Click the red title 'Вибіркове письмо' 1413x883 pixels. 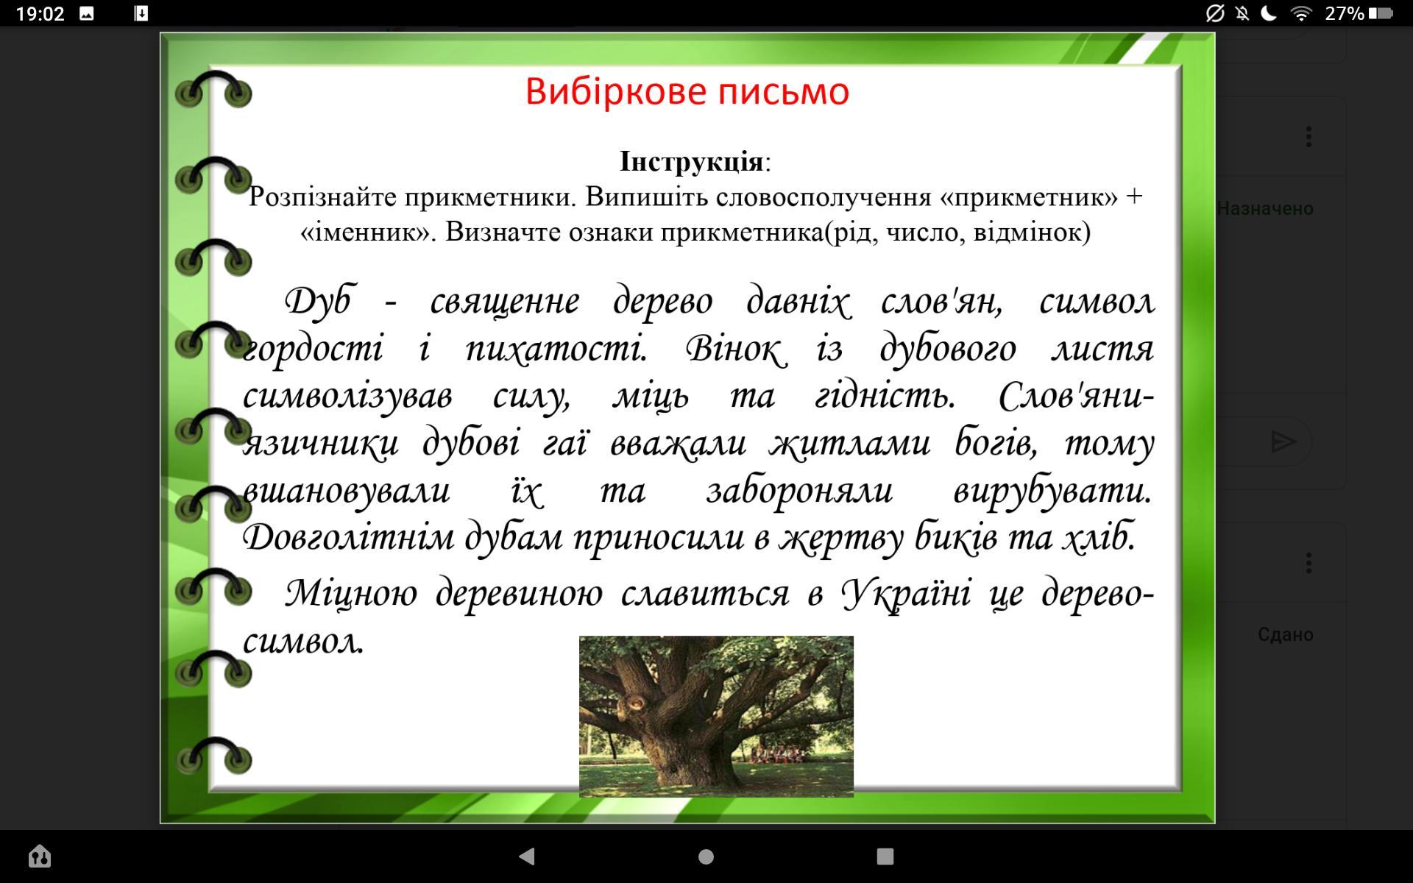pyautogui.click(x=687, y=92)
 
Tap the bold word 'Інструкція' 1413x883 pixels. pyautogui.click(x=691, y=161)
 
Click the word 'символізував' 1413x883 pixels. pyautogui.click(x=347, y=397)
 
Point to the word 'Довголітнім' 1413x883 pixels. pyautogui.click(x=349, y=537)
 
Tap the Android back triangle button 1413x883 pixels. pyautogui.click(x=526, y=856)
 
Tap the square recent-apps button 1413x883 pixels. pyautogui.click(x=885, y=856)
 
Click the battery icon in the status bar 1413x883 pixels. pyautogui.click(x=1381, y=13)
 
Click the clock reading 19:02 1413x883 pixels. pyautogui.click(x=40, y=13)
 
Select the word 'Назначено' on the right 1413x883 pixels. pyautogui.click(x=1264, y=209)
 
